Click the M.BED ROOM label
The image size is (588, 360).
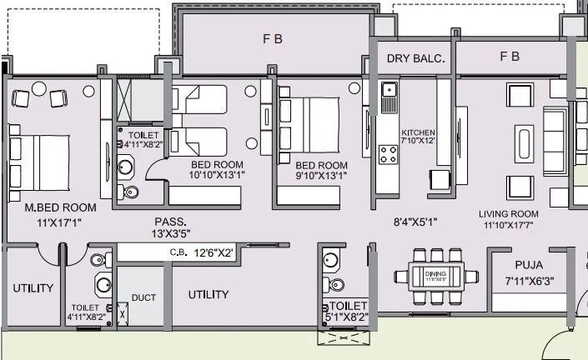tap(60, 207)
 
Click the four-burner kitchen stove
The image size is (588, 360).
tap(389, 154)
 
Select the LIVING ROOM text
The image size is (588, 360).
tap(509, 212)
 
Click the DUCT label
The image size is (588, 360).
tap(144, 297)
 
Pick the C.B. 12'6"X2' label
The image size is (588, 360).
tap(201, 252)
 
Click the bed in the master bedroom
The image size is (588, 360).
tap(38, 158)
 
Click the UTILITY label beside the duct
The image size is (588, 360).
tap(208, 294)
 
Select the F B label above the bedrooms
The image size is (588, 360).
tap(273, 38)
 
